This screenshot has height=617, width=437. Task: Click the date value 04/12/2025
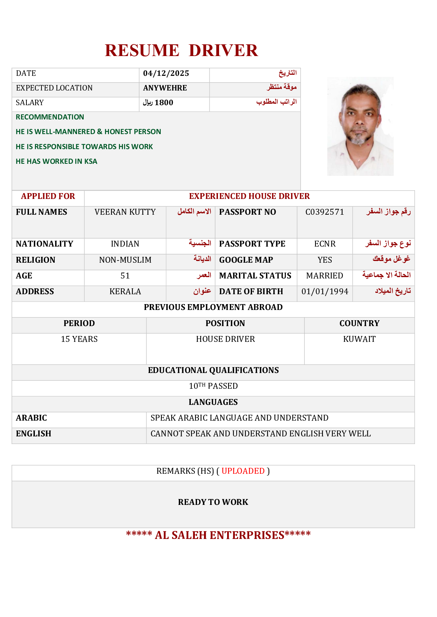[x=166, y=74]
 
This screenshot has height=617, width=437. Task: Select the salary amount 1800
[x=164, y=103]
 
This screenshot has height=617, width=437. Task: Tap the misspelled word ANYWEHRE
[x=165, y=88]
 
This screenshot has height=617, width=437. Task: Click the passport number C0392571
[x=325, y=212]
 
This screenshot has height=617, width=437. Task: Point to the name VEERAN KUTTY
[x=125, y=212]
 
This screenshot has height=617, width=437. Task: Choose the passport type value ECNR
[x=325, y=244]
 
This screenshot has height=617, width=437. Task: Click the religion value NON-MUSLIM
[x=125, y=260]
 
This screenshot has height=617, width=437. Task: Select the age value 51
[x=125, y=276]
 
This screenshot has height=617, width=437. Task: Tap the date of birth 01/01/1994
[x=325, y=292]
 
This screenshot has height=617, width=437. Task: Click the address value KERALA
[x=125, y=292]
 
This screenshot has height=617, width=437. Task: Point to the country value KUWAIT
[x=359, y=339]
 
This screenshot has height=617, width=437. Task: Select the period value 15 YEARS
[x=79, y=339]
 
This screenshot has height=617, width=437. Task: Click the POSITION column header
[x=225, y=324]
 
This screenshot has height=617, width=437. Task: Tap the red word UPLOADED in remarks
[x=243, y=471]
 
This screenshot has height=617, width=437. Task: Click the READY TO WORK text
[x=213, y=502]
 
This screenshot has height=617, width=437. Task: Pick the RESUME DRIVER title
[x=181, y=51]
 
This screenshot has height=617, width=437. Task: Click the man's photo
[x=360, y=126]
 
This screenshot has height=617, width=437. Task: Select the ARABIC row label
[x=32, y=418]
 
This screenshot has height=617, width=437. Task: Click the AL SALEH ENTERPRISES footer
[x=218, y=535]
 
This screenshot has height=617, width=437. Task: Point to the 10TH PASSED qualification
[x=213, y=386]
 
